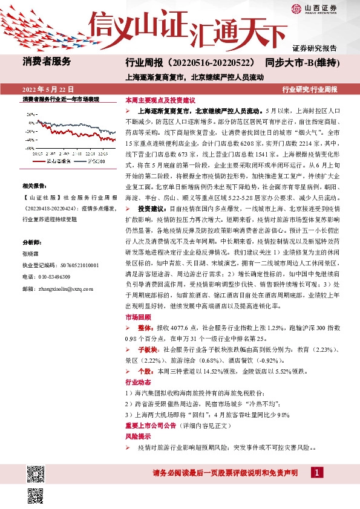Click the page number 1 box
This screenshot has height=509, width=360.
click(316, 472)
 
